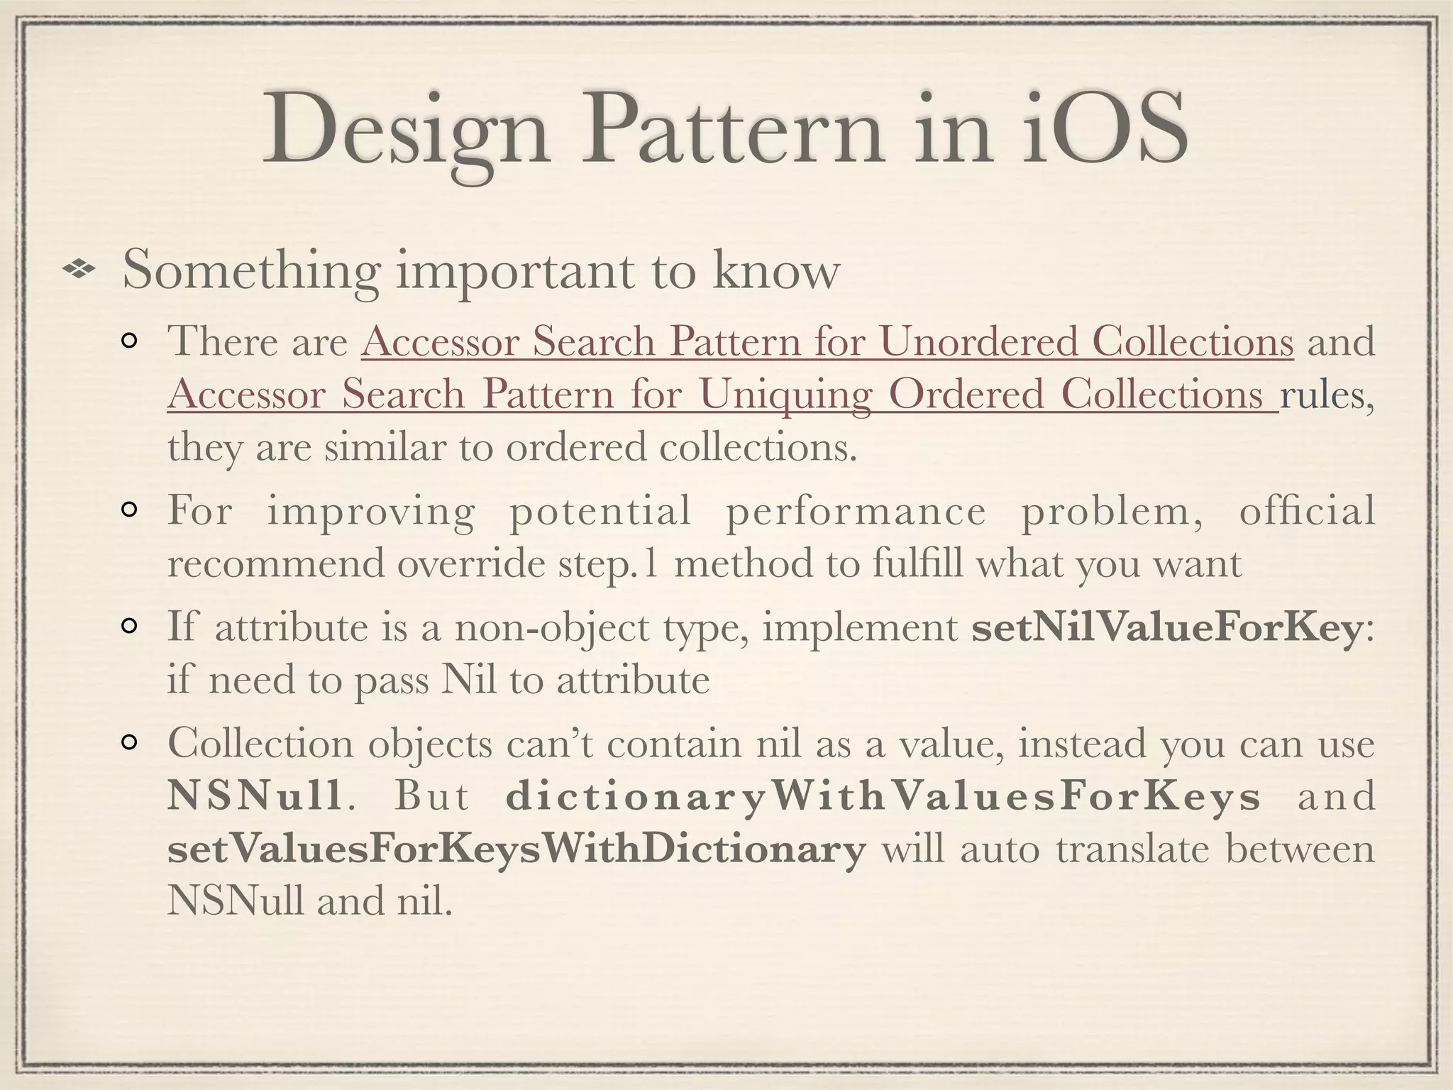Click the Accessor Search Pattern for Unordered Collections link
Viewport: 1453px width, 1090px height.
click(x=827, y=342)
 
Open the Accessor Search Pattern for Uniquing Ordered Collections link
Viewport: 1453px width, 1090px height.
click(x=722, y=395)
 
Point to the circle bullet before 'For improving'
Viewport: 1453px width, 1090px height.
click(x=130, y=511)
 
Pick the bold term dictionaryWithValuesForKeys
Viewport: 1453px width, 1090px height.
click(x=883, y=796)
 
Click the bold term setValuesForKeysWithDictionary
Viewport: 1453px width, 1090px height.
click(x=516, y=849)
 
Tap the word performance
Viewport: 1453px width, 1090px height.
click(x=856, y=511)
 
